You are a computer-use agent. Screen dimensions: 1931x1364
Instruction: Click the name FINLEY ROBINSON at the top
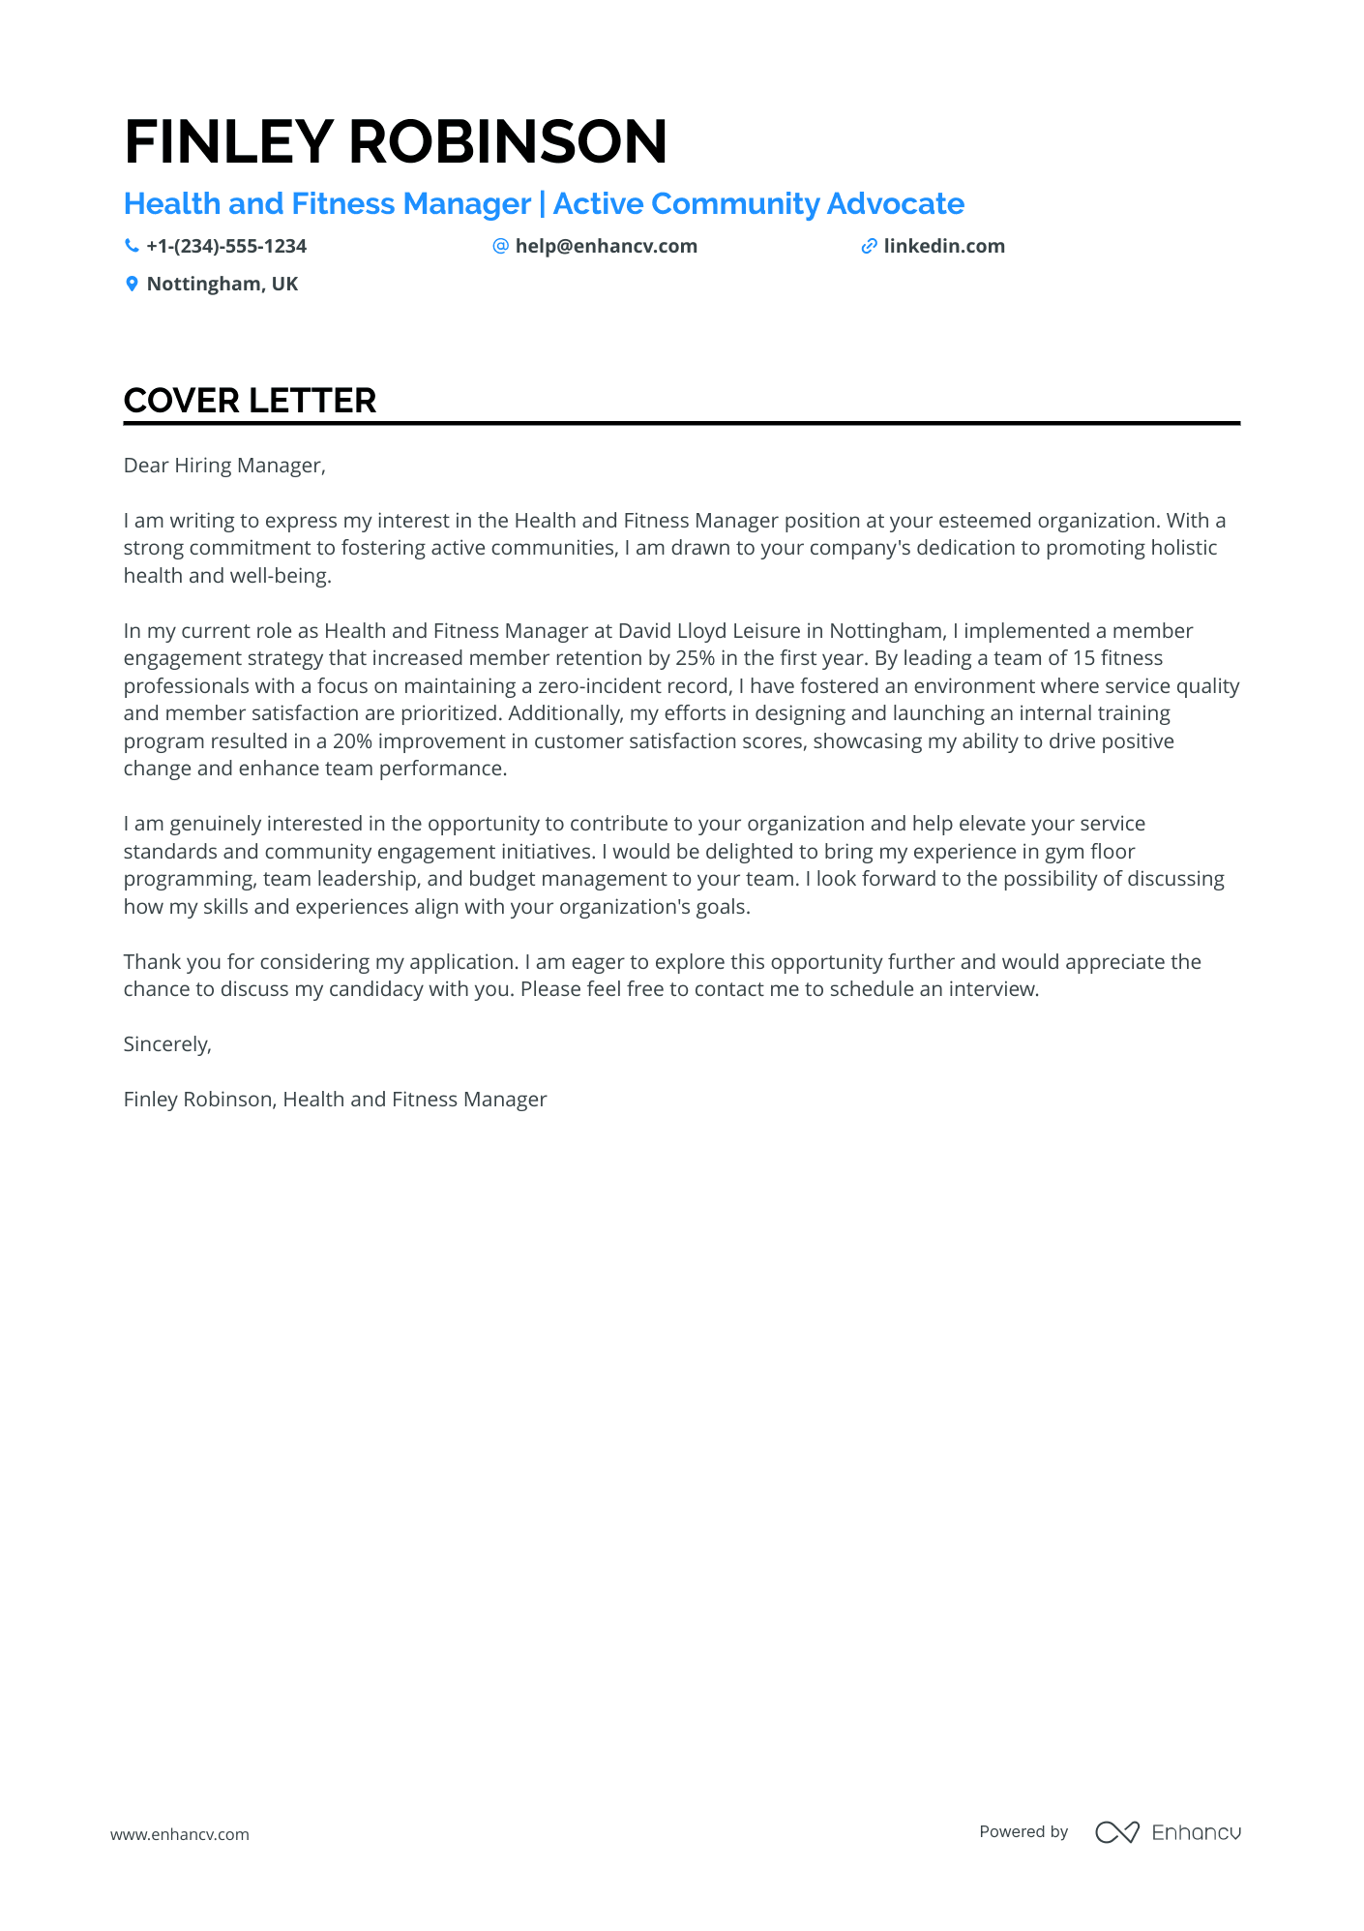(396, 141)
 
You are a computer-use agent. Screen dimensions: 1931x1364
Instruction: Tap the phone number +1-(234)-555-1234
(226, 246)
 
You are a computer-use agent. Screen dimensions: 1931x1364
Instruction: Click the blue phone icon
(132, 246)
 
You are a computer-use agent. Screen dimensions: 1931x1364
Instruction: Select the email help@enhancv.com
(606, 246)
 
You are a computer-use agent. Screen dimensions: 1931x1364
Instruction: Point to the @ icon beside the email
(500, 246)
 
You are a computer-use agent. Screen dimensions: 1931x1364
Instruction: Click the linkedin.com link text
(944, 246)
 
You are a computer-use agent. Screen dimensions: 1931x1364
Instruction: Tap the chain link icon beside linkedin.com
(869, 246)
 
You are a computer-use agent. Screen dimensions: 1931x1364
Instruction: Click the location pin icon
(132, 284)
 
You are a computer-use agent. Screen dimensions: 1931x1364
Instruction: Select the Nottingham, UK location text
(222, 284)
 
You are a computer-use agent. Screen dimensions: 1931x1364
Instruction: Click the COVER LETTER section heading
(250, 401)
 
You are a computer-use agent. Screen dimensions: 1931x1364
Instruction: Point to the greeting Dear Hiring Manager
(224, 466)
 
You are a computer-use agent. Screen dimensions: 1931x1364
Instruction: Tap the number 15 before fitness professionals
(1083, 658)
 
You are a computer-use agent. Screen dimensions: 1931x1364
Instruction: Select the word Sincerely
(167, 1044)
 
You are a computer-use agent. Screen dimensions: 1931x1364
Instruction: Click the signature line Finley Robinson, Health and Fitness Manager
(335, 1100)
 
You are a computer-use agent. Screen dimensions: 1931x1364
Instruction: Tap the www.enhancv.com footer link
(180, 1834)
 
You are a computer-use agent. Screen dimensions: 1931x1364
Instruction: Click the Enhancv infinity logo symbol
(1116, 1832)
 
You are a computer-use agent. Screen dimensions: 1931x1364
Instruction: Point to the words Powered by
(1023, 1831)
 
